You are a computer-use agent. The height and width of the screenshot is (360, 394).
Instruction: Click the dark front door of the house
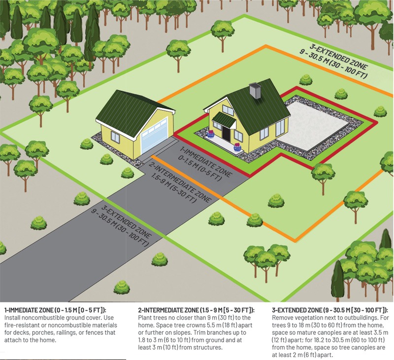point(226,132)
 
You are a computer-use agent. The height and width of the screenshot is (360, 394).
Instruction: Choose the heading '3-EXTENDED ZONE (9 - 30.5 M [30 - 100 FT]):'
point(330,310)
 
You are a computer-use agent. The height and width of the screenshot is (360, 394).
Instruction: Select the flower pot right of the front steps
point(238,146)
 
